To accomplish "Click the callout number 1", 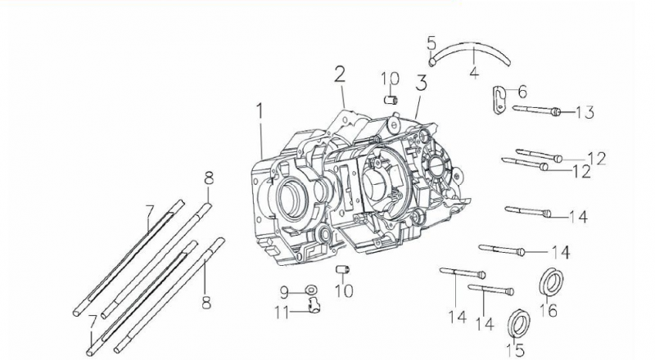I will pos(260,111).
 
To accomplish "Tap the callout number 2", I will pos(339,75).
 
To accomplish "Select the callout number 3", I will pos(421,83).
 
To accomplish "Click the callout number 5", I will pos(431,42).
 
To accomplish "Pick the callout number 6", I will pos(522,92).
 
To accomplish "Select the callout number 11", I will pos(282,311).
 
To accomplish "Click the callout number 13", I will pos(584,112).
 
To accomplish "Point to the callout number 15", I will pos(513,351).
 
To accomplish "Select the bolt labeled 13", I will pos(536,110).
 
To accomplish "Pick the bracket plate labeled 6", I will pos(499,99).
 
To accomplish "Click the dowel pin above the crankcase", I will pos(391,100).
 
